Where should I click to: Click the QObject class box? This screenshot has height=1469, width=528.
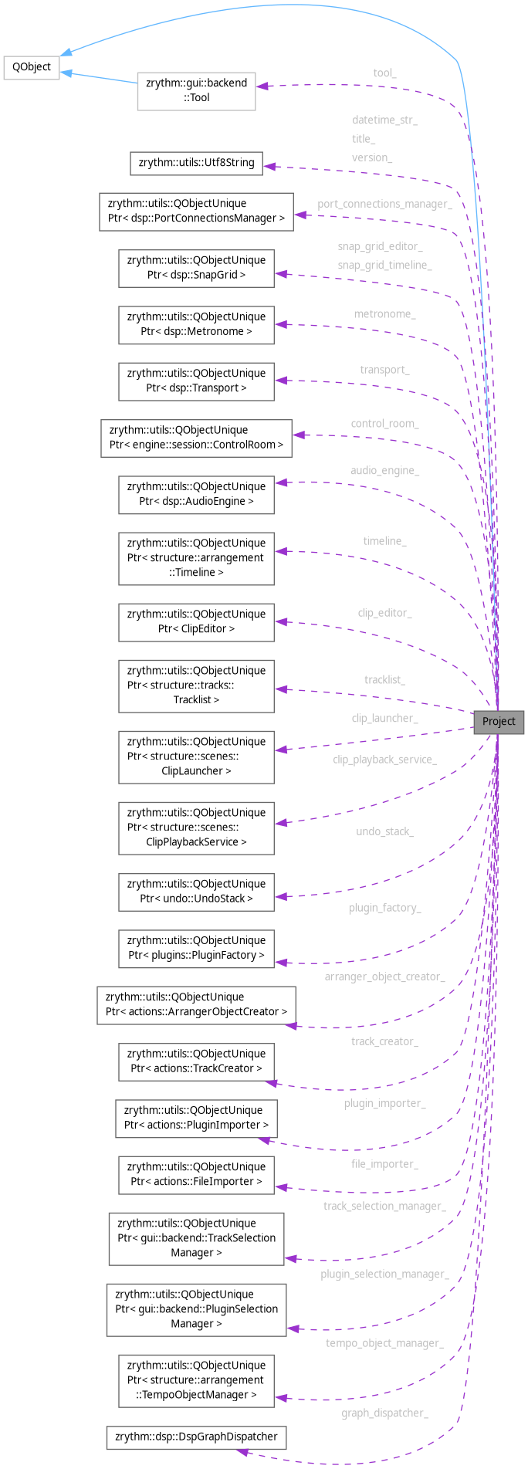pos(32,67)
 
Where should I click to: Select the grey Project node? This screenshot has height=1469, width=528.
pos(499,722)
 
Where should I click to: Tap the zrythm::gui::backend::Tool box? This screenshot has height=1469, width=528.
pos(196,90)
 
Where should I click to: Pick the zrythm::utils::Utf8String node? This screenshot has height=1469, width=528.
pos(196,163)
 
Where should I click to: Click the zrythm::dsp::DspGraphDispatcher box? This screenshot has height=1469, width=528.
pos(196,1437)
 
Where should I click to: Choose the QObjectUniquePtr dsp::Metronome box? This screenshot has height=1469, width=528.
pos(196,324)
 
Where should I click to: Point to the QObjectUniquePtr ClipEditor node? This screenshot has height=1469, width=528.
pos(196,621)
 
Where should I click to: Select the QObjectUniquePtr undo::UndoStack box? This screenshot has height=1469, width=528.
pos(196,891)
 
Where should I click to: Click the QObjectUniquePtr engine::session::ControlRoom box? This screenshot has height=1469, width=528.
pos(196,437)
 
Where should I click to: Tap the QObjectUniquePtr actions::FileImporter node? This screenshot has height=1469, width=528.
pos(196,1174)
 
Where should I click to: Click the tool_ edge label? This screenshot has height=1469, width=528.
pos(384,73)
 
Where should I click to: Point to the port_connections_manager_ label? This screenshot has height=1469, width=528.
pos(384,204)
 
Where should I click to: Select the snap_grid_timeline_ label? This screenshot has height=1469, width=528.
pos(384,265)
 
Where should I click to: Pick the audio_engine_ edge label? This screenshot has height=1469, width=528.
pos(384,470)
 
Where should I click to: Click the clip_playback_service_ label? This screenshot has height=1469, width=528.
pos(384,760)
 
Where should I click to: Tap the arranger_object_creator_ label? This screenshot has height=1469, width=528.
pos(384,977)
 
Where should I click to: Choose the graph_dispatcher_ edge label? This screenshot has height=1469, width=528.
pos(384,1413)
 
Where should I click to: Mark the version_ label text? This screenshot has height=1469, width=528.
pos(372,157)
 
